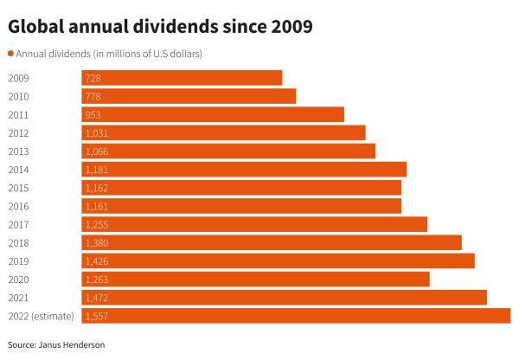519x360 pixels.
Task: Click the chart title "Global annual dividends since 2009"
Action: point(160,27)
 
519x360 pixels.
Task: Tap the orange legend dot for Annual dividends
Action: point(10,54)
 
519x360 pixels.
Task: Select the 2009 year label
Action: point(17,78)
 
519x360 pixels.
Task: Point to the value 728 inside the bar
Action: point(93,78)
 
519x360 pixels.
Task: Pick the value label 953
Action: point(93,114)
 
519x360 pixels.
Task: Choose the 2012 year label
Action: point(17,132)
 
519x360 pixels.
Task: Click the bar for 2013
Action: point(228,151)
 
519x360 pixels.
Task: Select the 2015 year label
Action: point(17,188)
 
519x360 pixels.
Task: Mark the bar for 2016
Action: point(241,206)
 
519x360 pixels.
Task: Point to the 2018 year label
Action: point(17,242)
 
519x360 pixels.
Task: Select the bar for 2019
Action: point(278,260)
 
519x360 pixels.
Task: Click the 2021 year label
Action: point(17,298)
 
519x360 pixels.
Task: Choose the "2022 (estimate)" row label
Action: point(41,316)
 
